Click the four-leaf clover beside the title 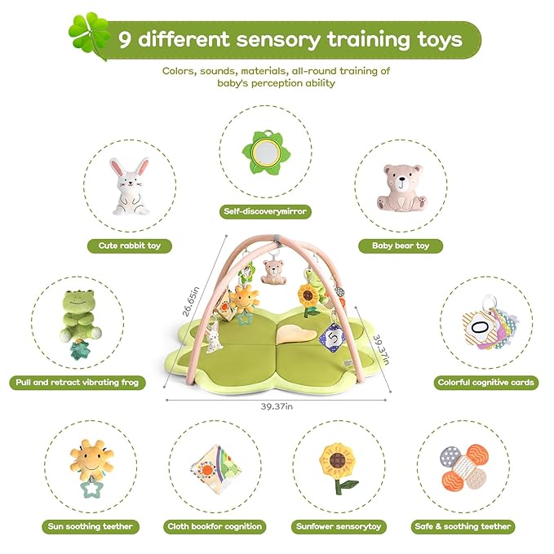87,33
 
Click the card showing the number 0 479,330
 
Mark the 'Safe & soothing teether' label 463,526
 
